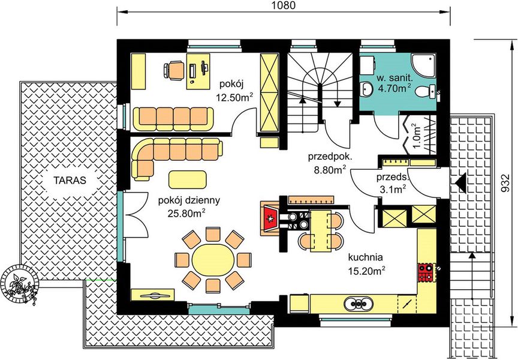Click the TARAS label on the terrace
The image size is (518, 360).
tap(70, 180)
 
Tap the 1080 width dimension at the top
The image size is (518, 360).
tap(283, 5)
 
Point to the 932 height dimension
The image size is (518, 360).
tap(504, 183)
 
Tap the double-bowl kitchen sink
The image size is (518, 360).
tap(358, 303)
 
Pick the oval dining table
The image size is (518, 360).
tap(213, 260)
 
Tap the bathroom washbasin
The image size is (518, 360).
tap(367, 89)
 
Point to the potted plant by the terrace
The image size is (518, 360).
tap(20, 284)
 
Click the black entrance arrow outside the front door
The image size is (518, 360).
tap(460, 182)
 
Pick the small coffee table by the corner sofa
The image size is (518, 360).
tap(187, 179)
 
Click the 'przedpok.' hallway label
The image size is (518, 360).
tap(330, 157)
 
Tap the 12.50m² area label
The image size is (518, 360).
tap(234, 97)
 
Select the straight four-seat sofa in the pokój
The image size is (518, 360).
tap(173, 119)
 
